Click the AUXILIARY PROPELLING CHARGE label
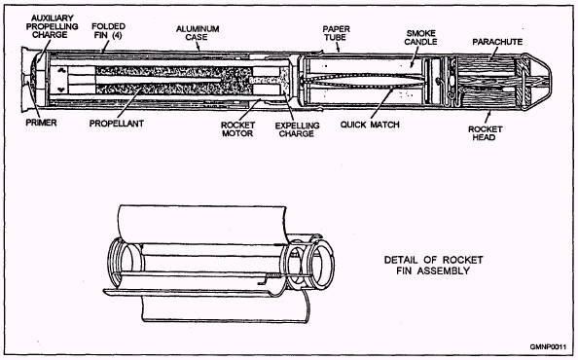(52, 26)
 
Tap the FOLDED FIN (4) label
(108, 31)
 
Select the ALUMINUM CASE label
(198, 33)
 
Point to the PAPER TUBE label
(336, 33)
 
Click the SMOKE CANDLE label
(420, 38)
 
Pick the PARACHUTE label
(497, 42)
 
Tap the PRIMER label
(41, 123)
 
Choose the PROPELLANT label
(117, 124)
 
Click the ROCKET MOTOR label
(237, 129)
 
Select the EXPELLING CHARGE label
(297, 129)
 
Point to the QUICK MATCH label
(370, 125)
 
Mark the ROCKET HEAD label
(486, 133)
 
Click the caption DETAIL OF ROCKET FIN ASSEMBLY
(434, 266)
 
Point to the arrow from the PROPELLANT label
(129, 103)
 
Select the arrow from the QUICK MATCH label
(381, 104)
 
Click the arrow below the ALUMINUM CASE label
(198, 47)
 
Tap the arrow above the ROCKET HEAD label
(488, 117)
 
